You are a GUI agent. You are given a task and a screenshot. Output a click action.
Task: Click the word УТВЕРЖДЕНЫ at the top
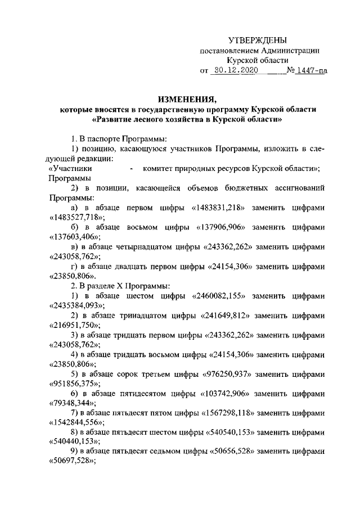pos(258,40)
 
